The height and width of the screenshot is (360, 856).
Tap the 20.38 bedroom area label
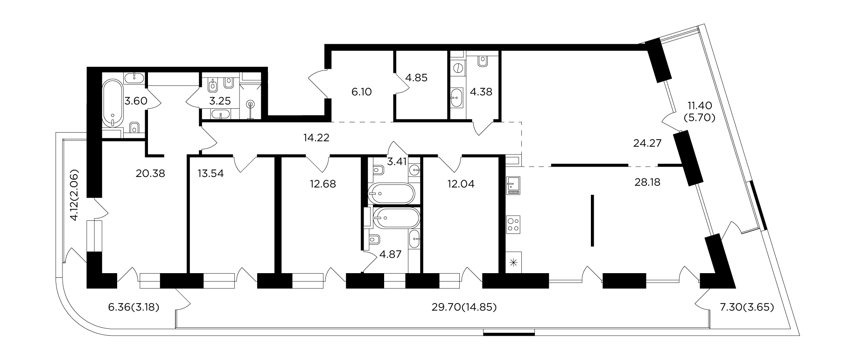(x=150, y=174)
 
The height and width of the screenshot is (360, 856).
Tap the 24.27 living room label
(x=647, y=143)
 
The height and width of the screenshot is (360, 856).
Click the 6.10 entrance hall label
(x=361, y=92)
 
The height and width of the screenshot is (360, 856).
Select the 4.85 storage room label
(x=416, y=78)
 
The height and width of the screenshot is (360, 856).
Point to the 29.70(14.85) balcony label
(x=465, y=307)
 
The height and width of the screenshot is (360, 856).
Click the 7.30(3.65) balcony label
(x=742, y=307)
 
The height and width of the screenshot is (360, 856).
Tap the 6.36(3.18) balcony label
(x=134, y=307)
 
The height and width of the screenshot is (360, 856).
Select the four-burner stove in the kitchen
(x=514, y=225)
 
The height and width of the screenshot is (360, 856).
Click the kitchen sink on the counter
(x=514, y=185)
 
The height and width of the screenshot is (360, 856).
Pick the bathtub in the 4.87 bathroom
(x=397, y=217)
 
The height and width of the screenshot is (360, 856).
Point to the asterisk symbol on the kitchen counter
(x=514, y=262)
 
